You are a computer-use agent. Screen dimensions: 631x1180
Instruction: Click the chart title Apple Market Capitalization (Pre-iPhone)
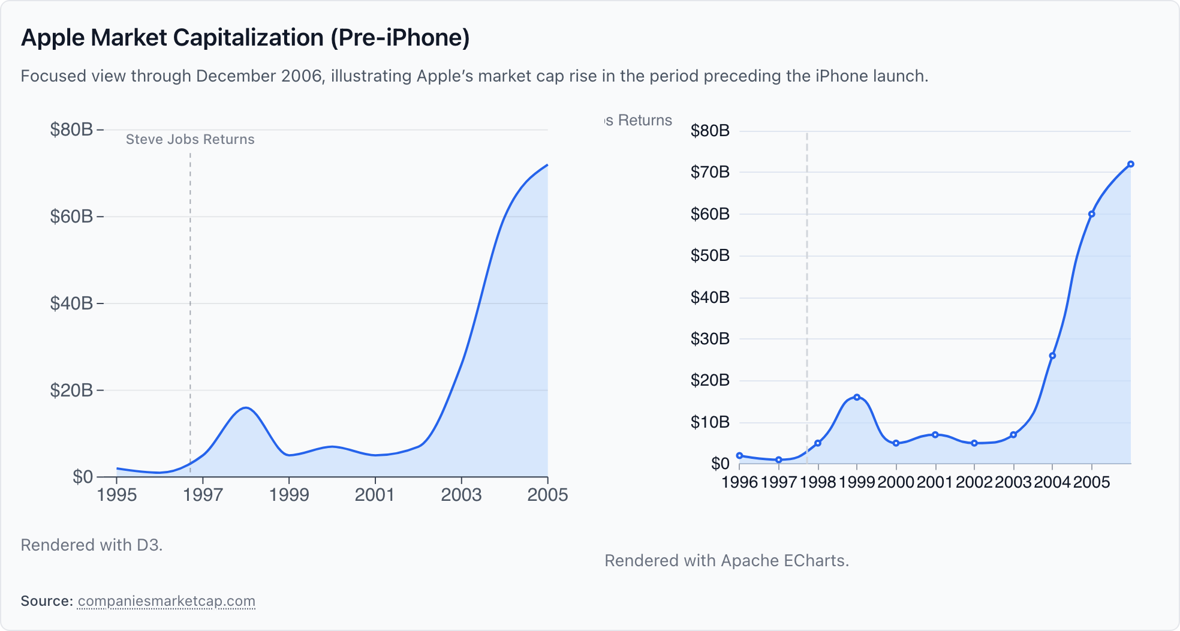coord(245,38)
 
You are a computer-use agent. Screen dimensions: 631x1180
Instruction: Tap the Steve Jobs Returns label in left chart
coord(190,139)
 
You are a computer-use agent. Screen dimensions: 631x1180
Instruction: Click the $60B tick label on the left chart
coord(71,217)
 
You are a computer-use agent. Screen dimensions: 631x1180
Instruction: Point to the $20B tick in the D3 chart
coord(71,390)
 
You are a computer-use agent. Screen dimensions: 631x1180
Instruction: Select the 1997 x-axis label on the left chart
coord(203,495)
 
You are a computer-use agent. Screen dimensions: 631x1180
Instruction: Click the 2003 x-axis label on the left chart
coord(461,495)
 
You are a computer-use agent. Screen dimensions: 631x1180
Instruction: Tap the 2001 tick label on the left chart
coord(375,495)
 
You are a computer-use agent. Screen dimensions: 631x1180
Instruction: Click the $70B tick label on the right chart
coord(710,172)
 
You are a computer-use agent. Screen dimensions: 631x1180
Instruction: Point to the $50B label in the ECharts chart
coord(710,256)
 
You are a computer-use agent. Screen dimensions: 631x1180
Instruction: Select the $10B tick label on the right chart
coord(710,422)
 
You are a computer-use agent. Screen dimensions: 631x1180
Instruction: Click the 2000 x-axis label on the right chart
coord(896,482)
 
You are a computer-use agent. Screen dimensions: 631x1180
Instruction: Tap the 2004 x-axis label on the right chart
coord(1052,482)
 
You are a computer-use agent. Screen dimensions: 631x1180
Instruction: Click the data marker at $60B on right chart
coord(1092,214)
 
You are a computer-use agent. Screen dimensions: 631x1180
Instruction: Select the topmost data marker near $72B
coord(1131,164)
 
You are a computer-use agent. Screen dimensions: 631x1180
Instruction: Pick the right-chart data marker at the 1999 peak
coord(857,397)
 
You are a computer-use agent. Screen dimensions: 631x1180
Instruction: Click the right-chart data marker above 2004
coord(1052,356)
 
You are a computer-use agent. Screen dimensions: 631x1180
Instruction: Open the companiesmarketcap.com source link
coord(167,601)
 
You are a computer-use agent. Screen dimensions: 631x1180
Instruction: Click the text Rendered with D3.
coord(92,545)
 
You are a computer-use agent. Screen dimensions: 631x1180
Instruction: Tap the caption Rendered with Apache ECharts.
coord(727,560)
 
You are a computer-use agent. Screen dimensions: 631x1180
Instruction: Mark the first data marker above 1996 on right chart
coord(739,456)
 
